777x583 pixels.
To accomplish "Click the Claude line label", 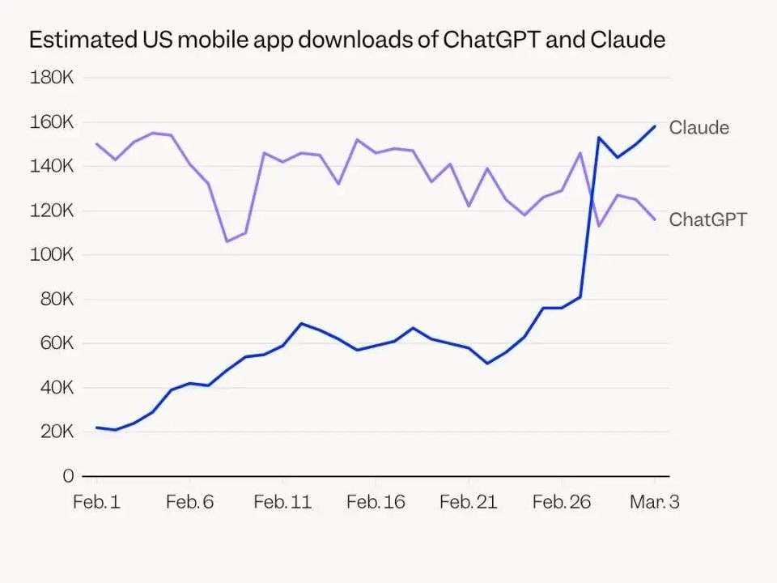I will coord(698,128).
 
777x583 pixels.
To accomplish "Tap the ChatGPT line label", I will coord(707,219).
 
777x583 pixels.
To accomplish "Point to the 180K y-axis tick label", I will coord(52,78).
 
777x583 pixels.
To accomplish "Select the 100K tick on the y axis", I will coord(52,255).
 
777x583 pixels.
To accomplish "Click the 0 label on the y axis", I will coord(68,476).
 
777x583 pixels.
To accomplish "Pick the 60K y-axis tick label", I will coord(56,343).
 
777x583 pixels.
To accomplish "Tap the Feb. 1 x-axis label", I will coord(96,502).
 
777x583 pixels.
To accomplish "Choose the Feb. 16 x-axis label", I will coord(376,502).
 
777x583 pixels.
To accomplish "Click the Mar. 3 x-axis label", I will coord(655,502).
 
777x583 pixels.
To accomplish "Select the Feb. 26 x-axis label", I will coord(562,502).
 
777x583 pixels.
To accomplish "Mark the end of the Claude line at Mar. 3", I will coord(655,126).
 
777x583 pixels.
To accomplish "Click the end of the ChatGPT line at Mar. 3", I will coord(655,219).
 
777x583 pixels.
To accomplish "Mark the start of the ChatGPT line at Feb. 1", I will coord(96,144).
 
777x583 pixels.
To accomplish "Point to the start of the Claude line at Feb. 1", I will coord(96,427).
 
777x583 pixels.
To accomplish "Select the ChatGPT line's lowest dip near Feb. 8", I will coord(227,241).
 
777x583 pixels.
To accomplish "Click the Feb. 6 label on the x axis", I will coord(189,502).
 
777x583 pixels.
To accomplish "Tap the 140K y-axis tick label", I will coord(52,166).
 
